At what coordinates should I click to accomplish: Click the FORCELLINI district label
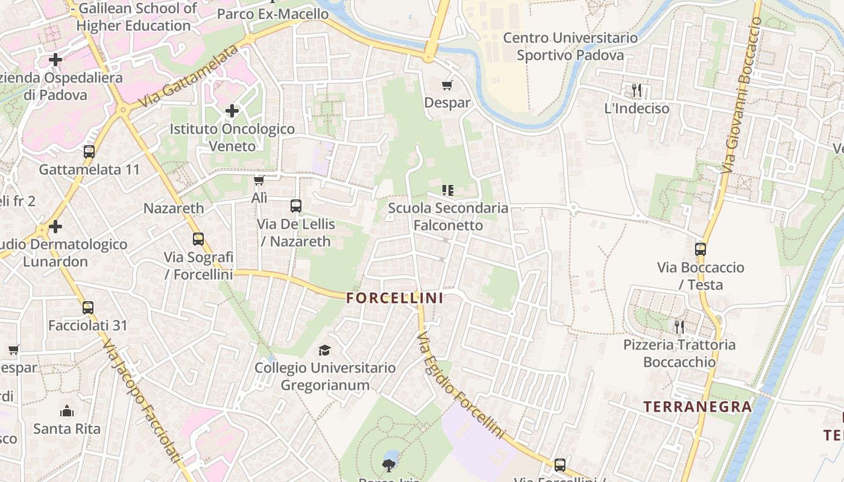tap(395, 298)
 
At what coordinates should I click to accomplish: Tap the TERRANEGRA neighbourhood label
tap(698, 407)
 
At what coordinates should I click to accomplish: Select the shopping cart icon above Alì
tap(259, 181)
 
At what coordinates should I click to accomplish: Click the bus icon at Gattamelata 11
tap(89, 152)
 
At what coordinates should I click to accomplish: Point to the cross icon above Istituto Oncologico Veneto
tap(232, 111)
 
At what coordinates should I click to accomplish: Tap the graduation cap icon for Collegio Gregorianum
tap(325, 350)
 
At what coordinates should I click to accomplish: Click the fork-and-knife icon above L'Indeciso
tap(637, 91)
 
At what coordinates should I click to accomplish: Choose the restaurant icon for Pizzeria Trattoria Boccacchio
tap(679, 327)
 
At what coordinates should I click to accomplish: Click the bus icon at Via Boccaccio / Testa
tap(700, 249)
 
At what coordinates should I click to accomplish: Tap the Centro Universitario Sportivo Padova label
tap(570, 46)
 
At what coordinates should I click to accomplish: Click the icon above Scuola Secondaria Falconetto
tap(447, 190)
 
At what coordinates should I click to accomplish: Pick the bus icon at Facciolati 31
tap(88, 308)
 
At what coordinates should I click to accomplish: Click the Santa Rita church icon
tap(67, 412)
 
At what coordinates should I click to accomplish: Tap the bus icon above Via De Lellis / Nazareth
tap(295, 206)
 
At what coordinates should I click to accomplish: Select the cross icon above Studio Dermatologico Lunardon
tap(55, 227)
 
